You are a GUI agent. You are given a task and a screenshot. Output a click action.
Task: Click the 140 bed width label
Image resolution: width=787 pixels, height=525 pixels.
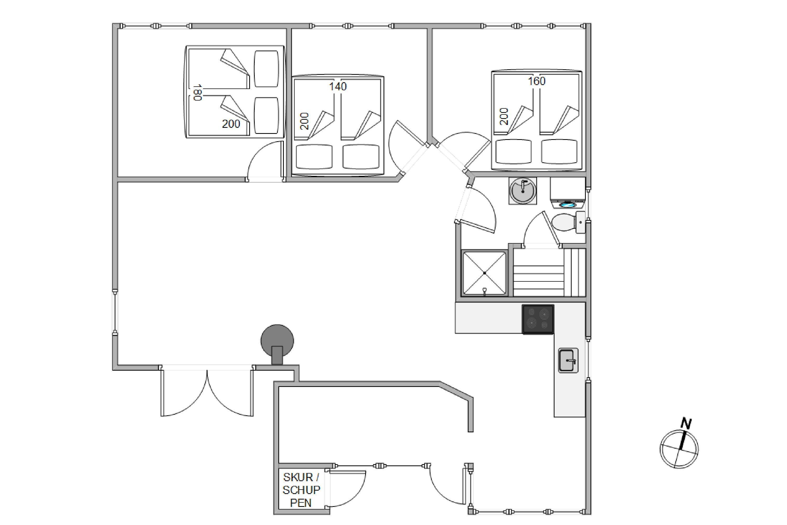(x=338, y=87)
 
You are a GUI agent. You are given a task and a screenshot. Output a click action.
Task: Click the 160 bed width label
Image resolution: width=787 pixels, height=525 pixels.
(x=536, y=81)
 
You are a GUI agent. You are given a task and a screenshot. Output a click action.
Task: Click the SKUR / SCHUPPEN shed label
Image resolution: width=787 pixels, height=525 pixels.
(x=301, y=490)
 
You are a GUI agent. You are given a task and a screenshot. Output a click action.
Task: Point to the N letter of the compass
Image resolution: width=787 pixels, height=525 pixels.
(x=686, y=424)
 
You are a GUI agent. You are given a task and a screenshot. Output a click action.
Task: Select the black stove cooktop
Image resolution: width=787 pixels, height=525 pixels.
(x=538, y=319)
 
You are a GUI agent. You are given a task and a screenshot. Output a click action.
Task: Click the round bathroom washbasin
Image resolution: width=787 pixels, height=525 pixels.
(x=523, y=191)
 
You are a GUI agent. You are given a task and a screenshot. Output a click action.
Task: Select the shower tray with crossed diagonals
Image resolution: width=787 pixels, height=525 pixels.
(x=484, y=273)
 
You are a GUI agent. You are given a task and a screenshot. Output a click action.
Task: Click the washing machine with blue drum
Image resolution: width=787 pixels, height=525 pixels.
(x=567, y=193)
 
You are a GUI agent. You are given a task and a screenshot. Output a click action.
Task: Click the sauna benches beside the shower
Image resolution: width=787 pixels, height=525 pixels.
(x=549, y=272)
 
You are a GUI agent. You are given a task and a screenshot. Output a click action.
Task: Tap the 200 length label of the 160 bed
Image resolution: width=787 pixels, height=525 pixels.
(x=504, y=117)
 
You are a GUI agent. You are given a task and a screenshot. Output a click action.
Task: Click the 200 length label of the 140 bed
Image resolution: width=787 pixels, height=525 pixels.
(x=304, y=121)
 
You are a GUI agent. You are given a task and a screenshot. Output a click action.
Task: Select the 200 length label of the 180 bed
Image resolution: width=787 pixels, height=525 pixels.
(x=231, y=124)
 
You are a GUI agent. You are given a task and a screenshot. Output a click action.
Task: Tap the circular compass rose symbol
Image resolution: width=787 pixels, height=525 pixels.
(x=679, y=449)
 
